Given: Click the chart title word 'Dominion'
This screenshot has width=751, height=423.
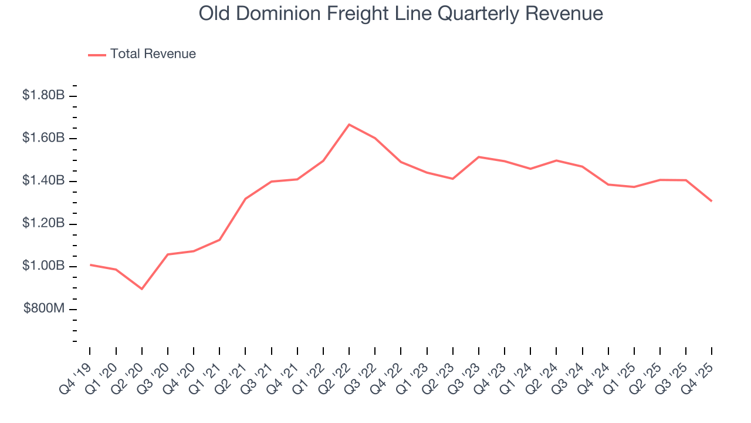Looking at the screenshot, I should [x=275, y=14].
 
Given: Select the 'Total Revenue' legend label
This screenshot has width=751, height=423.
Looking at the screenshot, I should [x=153, y=54].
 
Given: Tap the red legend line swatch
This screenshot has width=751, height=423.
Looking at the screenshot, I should [x=97, y=55].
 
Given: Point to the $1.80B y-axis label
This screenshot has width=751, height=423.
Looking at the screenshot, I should [x=43, y=95].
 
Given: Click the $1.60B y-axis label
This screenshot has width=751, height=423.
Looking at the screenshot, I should [x=43, y=138].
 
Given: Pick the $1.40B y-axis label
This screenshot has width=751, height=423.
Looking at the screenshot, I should [x=43, y=181].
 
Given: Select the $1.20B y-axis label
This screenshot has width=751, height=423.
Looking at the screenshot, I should [x=43, y=224].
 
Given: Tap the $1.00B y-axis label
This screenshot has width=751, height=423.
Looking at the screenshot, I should [x=43, y=267].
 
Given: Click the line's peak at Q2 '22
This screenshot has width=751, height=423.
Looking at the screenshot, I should [x=349, y=125].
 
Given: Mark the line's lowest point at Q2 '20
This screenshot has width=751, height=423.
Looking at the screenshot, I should [x=142, y=289].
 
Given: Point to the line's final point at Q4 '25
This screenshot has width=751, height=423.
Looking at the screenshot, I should [x=712, y=201].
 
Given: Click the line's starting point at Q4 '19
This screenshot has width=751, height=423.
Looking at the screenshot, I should [x=90, y=265].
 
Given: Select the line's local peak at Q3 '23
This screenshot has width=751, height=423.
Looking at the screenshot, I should [x=479, y=157].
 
